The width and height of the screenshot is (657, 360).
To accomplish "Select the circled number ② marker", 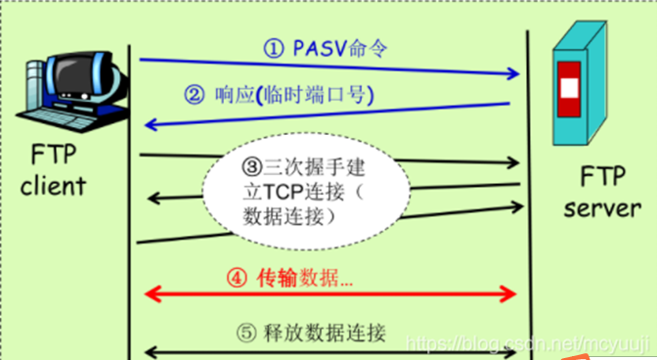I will [x=195, y=96].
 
